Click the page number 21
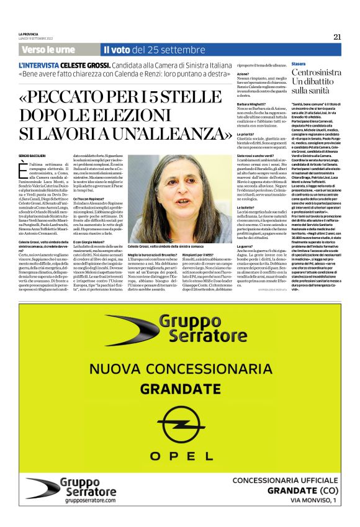pyautogui.click(x=337, y=37)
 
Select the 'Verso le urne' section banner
pyautogui.click(x=48, y=49)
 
